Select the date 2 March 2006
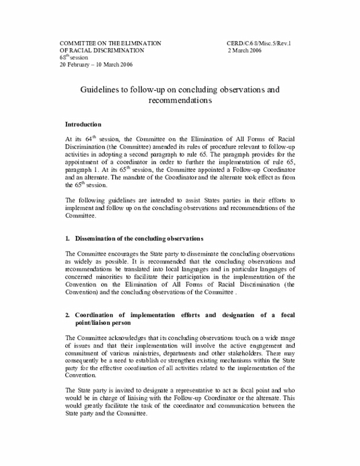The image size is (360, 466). coord(246,50)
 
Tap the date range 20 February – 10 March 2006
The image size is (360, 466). coord(96,64)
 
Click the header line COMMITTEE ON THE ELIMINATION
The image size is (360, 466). coord(111,43)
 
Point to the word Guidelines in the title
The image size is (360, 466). coord(99,89)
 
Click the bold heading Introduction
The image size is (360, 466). coord(83,124)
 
